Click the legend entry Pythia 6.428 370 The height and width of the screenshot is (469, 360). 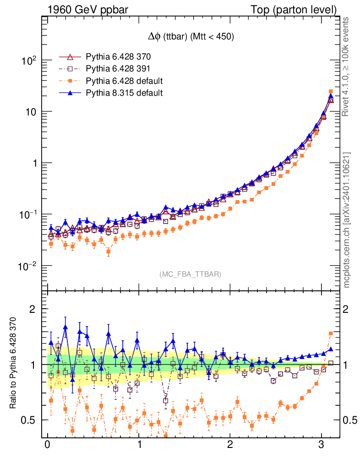click(118, 57)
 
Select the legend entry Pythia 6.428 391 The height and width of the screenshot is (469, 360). click(118, 69)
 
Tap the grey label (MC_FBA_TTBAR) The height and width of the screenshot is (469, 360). click(190, 274)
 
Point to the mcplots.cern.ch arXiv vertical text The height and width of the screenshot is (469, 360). click(347, 220)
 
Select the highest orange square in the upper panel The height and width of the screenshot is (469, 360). click(331, 92)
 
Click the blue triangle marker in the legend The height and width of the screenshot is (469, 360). click(70, 93)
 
